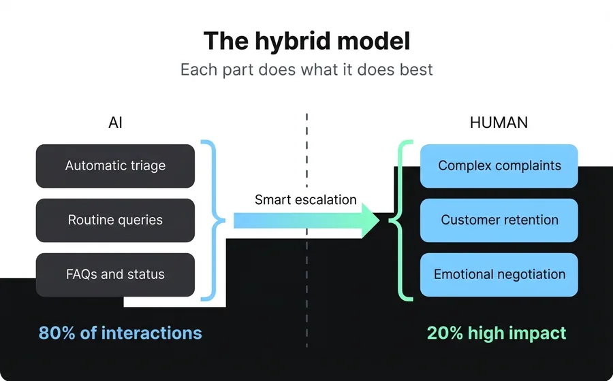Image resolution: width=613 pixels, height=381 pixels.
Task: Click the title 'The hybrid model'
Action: pos(306,42)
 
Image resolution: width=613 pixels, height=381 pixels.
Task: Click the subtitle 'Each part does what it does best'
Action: pos(306,69)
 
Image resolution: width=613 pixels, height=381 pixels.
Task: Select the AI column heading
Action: pos(115,123)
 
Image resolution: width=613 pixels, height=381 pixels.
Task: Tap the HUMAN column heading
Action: pos(499,123)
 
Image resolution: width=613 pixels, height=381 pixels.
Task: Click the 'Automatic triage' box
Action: pos(115,166)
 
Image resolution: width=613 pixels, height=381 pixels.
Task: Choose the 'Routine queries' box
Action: pos(115,220)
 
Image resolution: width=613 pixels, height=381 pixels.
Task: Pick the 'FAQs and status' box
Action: pos(115,275)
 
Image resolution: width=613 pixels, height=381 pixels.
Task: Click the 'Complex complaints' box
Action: pos(499,166)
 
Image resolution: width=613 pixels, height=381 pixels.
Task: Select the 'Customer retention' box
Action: pos(499,220)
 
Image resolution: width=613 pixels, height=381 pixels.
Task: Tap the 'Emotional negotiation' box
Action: pos(499,275)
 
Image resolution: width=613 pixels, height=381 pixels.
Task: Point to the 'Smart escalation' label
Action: pos(306,200)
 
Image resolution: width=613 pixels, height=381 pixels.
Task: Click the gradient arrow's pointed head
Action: pos(371,220)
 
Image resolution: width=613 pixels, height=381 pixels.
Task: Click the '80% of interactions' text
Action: pos(121,333)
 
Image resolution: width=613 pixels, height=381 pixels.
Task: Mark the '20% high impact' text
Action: pos(497,333)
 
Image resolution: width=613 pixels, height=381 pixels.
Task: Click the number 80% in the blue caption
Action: pos(57,333)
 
